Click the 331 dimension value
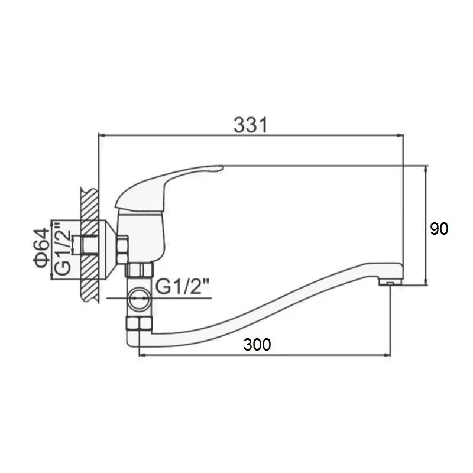click(251, 125)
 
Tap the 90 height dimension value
click(439, 229)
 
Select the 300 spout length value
click(257, 345)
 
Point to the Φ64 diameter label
click(41, 248)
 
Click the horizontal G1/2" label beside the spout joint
click(183, 286)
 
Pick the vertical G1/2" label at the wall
click(63, 248)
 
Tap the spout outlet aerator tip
click(390, 282)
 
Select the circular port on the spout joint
click(139, 298)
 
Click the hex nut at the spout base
click(138, 323)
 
